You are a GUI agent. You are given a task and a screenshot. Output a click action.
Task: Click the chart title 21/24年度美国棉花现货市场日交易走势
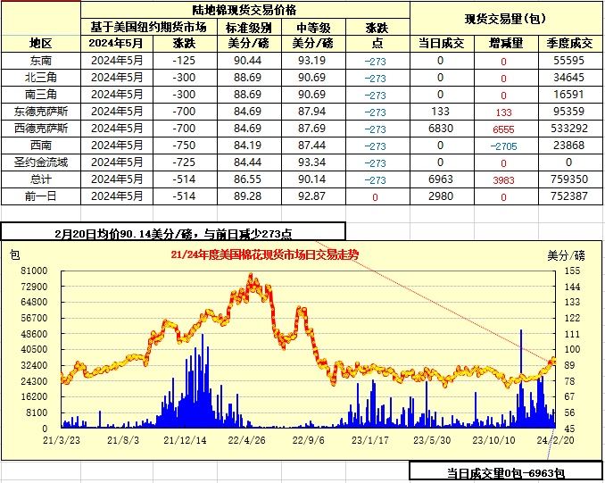pyautogui.click(x=264, y=254)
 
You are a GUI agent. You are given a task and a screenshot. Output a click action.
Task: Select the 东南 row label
pyautogui.click(x=41, y=61)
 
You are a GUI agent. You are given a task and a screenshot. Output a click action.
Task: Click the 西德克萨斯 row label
pyautogui.click(x=41, y=129)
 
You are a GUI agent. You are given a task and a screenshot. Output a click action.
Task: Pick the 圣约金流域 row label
pyautogui.click(x=41, y=162)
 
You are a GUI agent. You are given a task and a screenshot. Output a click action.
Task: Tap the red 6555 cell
pyautogui.click(x=503, y=129)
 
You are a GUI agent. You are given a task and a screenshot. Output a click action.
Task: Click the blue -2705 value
pyautogui.click(x=503, y=146)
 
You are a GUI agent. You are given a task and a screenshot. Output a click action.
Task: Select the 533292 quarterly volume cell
pyautogui.click(x=569, y=129)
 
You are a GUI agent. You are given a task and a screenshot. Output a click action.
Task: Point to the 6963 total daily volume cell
pyautogui.click(x=440, y=179)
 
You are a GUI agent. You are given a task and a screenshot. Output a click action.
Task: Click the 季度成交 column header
pyautogui.click(x=569, y=43)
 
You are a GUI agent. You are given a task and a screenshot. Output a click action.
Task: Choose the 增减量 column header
pyautogui.click(x=503, y=43)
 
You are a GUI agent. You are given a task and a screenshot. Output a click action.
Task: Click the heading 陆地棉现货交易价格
pyautogui.click(x=246, y=11)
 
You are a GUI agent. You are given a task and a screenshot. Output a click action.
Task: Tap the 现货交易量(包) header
pyautogui.click(x=506, y=19)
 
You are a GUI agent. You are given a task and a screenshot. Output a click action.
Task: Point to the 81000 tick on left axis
pyautogui.click(x=34, y=271)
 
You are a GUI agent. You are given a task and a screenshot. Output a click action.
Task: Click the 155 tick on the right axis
pyautogui.click(x=572, y=271)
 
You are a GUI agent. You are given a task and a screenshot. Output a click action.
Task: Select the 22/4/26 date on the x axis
pyautogui.click(x=246, y=439)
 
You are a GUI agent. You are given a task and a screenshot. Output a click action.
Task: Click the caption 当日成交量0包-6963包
pyautogui.click(x=506, y=473)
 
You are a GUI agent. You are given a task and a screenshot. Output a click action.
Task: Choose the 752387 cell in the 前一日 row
pyautogui.click(x=569, y=196)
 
